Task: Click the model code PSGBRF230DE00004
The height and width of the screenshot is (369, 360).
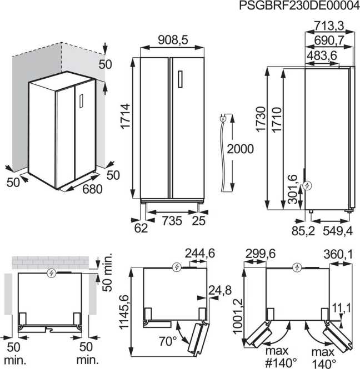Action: tap(299, 6)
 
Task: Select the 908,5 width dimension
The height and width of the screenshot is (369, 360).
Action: tap(173, 40)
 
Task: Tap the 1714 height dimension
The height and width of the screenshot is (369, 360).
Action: tap(126, 116)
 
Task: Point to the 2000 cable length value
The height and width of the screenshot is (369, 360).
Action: tap(240, 149)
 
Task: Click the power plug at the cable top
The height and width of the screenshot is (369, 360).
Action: tap(223, 118)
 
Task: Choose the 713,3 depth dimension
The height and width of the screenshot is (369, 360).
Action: tap(329, 26)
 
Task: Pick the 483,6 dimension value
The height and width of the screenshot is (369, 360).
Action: tap(322, 56)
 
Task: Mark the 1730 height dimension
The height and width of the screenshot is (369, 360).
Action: tap(261, 119)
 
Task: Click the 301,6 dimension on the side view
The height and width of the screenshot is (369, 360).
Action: tap(293, 189)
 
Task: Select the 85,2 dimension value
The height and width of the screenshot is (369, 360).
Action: tap(303, 231)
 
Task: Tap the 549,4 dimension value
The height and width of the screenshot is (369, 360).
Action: tap(338, 231)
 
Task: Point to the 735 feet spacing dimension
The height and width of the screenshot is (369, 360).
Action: tap(172, 221)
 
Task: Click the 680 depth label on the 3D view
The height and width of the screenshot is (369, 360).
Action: tap(92, 189)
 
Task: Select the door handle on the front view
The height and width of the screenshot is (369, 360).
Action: tap(180, 79)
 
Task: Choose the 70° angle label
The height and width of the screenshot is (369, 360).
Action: tap(168, 341)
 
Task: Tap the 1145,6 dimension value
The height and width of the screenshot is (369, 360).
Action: tap(124, 312)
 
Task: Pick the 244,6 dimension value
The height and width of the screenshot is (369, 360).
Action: tap(200, 254)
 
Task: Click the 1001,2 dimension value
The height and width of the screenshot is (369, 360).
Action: tap(238, 316)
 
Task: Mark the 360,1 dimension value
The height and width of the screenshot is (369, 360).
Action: tap(338, 254)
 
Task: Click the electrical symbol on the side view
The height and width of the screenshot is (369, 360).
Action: tap(307, 186)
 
